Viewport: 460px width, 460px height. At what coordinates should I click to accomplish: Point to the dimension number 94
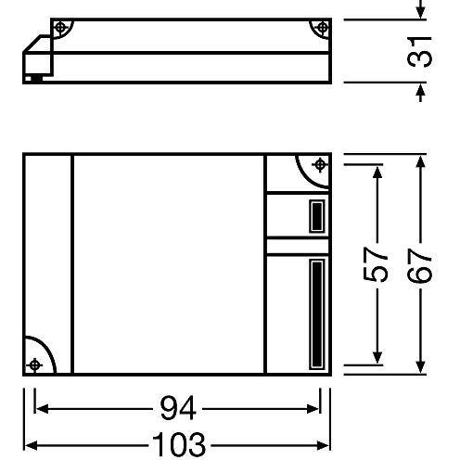click(x=176, y=407)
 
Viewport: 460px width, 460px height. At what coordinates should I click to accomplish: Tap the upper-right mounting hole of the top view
click(x=320, y=165)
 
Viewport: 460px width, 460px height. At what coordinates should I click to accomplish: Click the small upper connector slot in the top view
click(x=315, y=216)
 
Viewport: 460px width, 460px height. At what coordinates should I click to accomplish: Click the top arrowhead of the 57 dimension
click(x=378, y=172)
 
